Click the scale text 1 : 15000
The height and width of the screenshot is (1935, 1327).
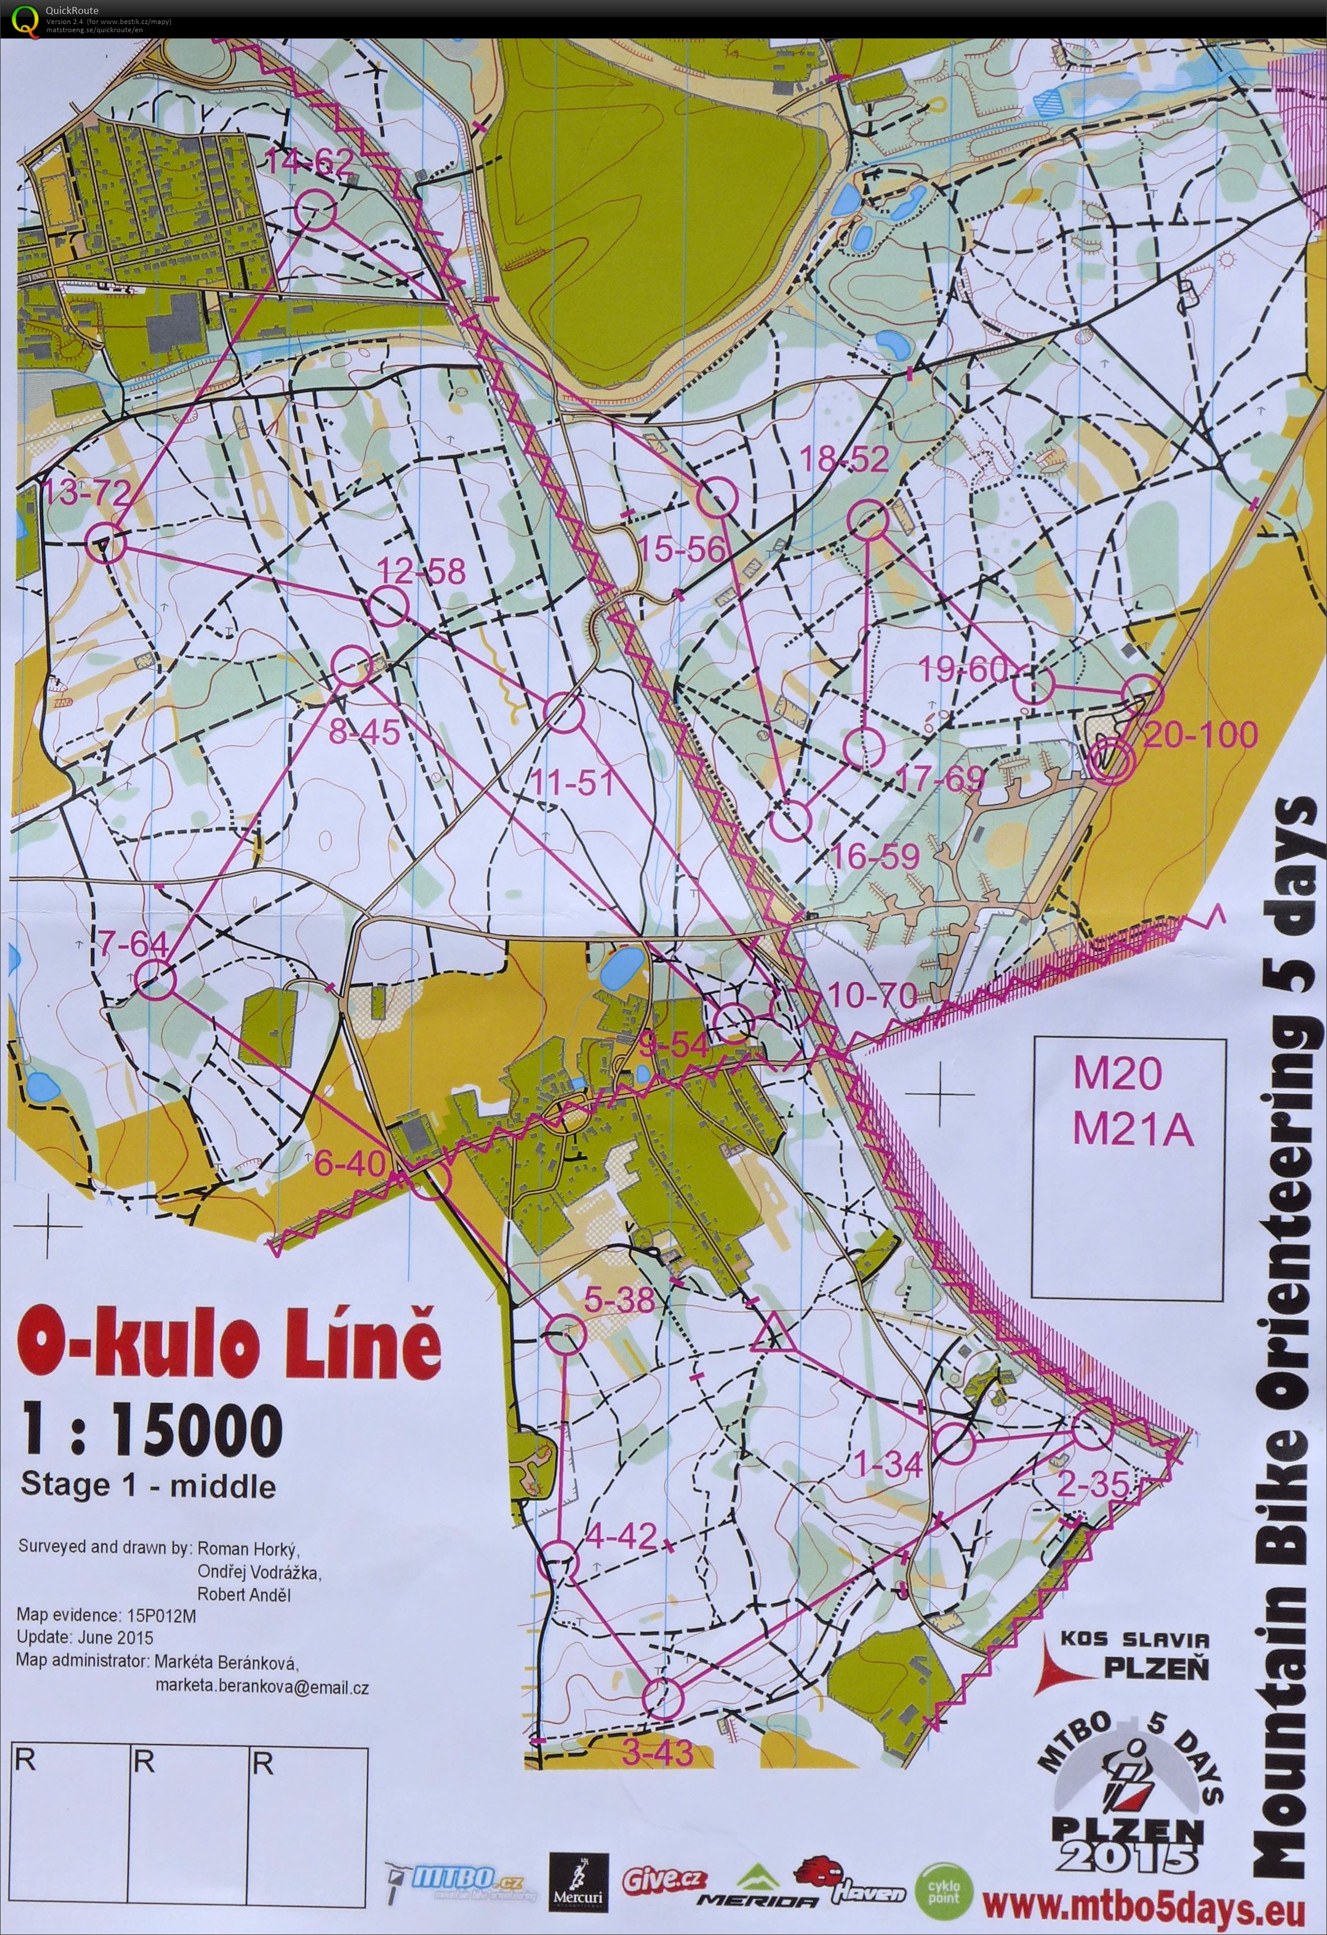point(152,1428)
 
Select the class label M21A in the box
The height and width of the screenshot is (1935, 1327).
point(1133,1131)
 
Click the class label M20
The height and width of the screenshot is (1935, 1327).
point(1116,1073)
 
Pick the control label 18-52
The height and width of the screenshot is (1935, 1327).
point(843,459)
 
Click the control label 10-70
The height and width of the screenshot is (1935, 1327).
point(872,994)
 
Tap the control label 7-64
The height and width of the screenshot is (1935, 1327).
point(133,944)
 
